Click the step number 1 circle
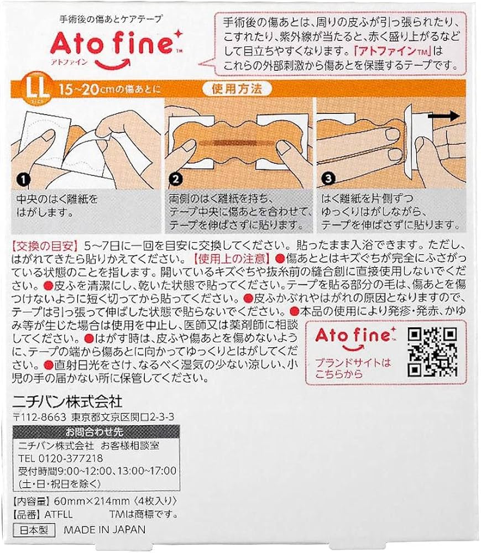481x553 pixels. tap(22, 179)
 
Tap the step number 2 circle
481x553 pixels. tap(175, 179)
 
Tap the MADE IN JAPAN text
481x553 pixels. tap(104, 529)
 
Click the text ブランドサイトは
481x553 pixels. tap(353, 363)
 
